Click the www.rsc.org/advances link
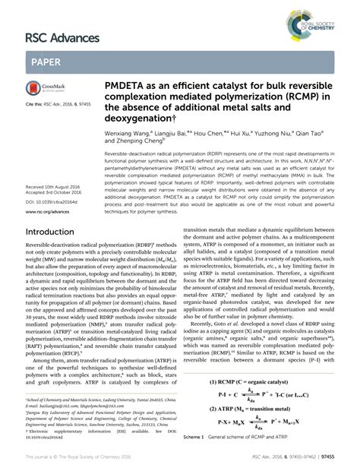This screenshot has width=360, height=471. tap(47, 212)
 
